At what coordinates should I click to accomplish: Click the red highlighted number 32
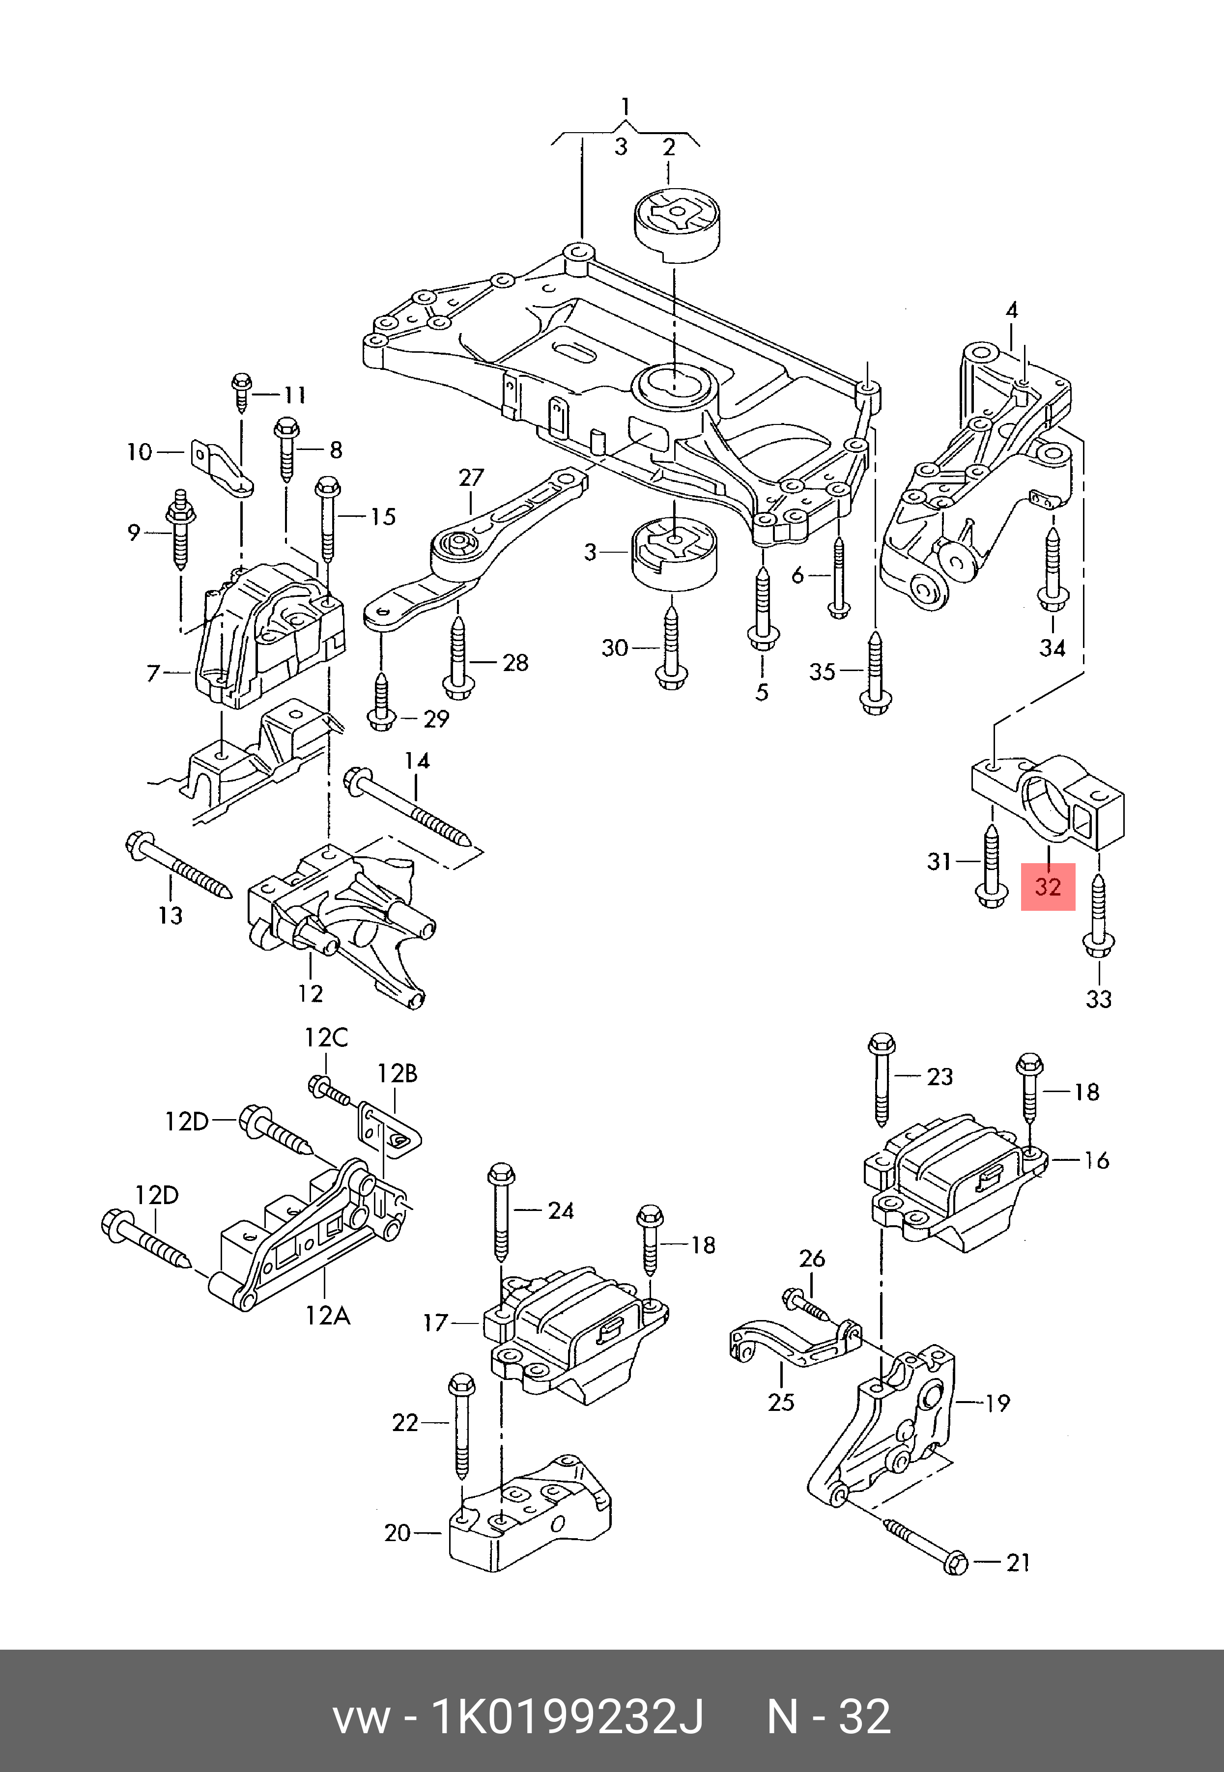pos(1048,887)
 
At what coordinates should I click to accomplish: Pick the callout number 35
pos(822,673)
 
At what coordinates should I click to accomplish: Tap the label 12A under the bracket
pos(327,1315)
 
